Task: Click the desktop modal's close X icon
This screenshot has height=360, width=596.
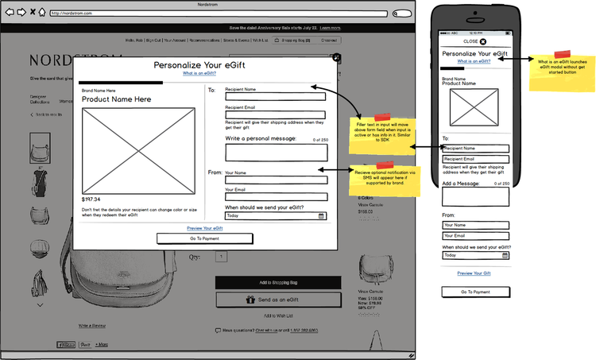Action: click(337, 57)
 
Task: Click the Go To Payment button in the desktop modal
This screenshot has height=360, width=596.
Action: click(204, 238)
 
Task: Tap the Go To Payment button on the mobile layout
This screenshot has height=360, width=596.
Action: click(476, 292)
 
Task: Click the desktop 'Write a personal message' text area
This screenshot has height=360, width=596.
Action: click(275, 153)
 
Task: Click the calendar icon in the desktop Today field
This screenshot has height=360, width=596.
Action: click(321, 215)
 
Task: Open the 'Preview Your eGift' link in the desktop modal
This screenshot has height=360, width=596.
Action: click(204, 228)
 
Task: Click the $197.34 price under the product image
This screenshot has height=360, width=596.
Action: click(91, 199)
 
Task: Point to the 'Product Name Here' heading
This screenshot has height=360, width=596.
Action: click(116, 99)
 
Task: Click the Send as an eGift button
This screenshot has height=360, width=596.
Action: click(278, 300)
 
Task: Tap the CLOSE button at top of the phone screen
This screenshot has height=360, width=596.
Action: click(475, 41)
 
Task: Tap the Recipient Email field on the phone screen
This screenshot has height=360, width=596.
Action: click(475, 159)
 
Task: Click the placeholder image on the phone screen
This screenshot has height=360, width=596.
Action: click(475, 107)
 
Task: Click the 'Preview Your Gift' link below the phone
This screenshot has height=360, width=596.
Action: click(475, 273)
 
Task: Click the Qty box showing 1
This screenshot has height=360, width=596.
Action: click(221, 257)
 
